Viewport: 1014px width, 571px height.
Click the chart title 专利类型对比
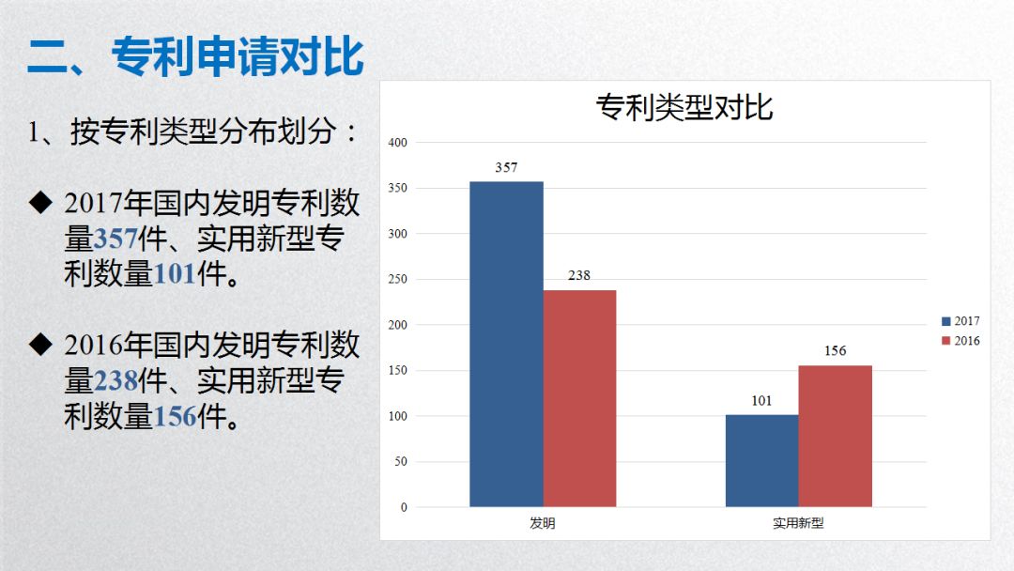[x=684, y=107]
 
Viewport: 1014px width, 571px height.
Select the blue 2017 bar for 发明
[x=506, y=344]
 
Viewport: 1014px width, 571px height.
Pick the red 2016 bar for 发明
[x=579, y=398]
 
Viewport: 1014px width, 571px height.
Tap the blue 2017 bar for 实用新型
[x=761, y=460]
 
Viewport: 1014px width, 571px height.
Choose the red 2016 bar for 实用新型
[x=835, y=436]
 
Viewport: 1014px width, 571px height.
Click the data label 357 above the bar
[x=506, y=168]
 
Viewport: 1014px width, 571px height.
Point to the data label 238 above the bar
[x=579, y=276]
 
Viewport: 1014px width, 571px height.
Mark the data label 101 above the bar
[x=761, y=401]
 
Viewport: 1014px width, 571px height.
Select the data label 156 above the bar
[x=835, y=351]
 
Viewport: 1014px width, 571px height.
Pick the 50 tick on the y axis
[x=400, y=462]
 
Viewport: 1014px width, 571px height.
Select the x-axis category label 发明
[x=543, y=523]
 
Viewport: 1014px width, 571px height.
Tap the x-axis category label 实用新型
[x=798, y=523]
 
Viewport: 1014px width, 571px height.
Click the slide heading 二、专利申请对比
[x=195, y=56]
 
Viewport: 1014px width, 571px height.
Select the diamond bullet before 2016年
[x=39, y=345]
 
